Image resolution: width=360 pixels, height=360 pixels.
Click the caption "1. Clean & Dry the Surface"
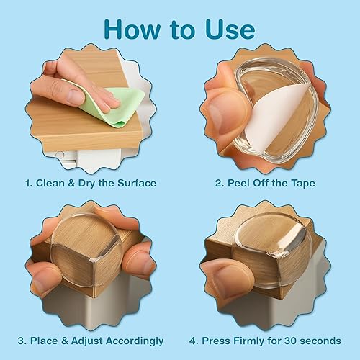tap(90, 184)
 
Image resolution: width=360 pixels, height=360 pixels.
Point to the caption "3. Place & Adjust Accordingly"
tap(91, 340)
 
